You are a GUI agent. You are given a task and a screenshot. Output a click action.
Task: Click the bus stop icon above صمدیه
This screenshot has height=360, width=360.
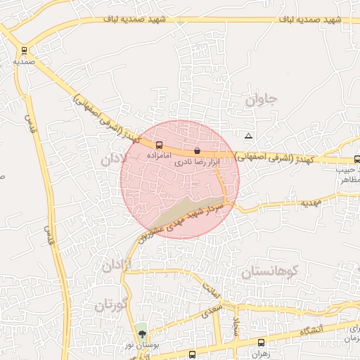[25, 51]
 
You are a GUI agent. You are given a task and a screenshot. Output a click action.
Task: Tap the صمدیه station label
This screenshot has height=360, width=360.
[25, 62]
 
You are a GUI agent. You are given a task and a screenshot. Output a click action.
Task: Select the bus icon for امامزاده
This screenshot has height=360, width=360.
[158, 145]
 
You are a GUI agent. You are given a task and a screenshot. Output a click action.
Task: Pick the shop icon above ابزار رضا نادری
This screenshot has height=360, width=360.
[197, 151]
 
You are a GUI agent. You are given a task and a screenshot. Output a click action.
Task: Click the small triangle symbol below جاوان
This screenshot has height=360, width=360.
[247, 136]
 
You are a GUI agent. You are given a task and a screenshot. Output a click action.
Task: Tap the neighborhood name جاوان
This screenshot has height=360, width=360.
[262, 101]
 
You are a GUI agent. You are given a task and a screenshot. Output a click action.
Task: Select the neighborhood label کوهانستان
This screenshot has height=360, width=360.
[270, 271]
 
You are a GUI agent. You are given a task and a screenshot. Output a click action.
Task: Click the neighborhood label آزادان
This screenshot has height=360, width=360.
[117, 266]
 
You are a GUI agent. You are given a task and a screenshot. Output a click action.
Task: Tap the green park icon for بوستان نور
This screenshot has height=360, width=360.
[142, 333]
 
